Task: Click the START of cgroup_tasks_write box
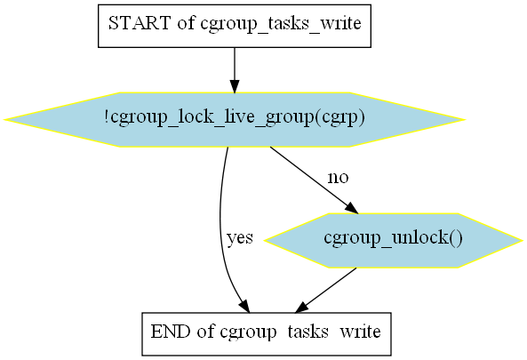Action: point(235,26)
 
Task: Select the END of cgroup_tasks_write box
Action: point(267,334)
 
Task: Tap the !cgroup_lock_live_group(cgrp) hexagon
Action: point(235,119)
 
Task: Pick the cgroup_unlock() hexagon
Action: point(393,240)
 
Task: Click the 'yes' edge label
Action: point(240,238)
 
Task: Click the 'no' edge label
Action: point(338,177)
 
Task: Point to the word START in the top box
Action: point(140,23)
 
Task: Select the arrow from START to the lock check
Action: point(235,70)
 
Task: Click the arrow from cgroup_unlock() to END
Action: point(325,291)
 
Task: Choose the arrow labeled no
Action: point(315,180)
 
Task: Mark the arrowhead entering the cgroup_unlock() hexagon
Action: point(352,208)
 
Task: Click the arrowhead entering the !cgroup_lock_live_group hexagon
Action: point(235,86)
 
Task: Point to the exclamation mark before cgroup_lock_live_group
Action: point(107,116)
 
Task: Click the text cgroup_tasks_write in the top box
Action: point(281,24)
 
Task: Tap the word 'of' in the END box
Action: point(205,332)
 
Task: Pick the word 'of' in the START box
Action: point(186,23)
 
